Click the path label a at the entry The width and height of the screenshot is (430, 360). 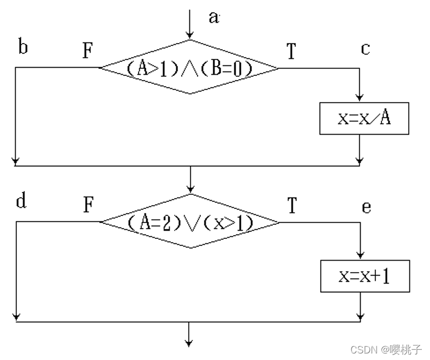tap(213, 17)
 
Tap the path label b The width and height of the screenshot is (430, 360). tap(23, 47)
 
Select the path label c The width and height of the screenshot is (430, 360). tap(365, 49)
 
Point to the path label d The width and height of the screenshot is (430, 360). tap(21, 201)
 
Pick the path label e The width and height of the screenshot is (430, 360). tap(366, 207)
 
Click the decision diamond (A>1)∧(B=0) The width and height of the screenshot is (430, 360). tap(190, 68)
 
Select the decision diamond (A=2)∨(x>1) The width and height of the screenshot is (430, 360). tap(190, 221)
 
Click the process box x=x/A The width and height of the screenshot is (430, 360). tap(364, 118)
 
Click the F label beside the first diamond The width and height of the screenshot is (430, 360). tap(88, 51)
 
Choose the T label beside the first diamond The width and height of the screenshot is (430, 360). tap(291, 51)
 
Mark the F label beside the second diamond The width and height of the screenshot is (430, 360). tap(88, 206)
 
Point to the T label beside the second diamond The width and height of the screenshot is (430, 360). tap(292, 206)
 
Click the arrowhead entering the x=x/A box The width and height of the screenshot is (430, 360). tap(360, 99)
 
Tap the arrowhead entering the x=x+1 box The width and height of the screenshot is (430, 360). tap(360, 254)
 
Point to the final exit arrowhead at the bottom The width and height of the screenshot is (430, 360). tap(189, 343)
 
